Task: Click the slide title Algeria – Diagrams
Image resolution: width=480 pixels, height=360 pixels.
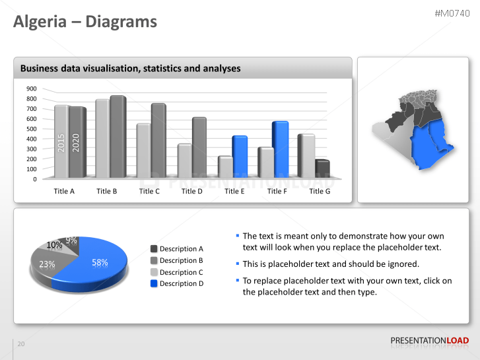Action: [x=86, y=22]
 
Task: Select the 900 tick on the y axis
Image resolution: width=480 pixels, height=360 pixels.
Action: [x=32, y=89]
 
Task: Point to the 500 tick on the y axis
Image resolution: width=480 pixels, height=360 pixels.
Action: [x=32, y=129]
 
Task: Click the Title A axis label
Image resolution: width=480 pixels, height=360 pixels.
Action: [x=64, y=191]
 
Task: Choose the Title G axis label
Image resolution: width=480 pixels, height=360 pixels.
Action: [x=320, y=191]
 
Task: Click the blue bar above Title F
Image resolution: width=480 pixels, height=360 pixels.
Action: [x=281, y=149]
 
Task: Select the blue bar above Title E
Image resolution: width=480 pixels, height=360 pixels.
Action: [x=240, y=156]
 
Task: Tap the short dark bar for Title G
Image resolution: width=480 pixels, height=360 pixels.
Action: [x=322, y=168]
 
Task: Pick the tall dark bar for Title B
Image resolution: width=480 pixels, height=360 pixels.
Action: [x=118, y=136]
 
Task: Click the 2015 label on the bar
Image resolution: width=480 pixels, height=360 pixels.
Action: [x=61, y=143]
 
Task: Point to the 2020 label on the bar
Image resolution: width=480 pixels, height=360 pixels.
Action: [x=76, y=142]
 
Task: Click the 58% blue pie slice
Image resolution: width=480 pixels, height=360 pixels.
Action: [x=99, y=264]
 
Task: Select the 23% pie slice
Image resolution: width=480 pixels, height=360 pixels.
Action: [x=47, y=265]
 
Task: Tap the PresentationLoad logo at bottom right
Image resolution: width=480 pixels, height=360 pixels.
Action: [x=429, y=341]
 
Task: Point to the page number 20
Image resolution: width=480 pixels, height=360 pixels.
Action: [x=21, y=344]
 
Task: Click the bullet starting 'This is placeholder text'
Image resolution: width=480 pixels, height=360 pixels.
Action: [x=331, y=264]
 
